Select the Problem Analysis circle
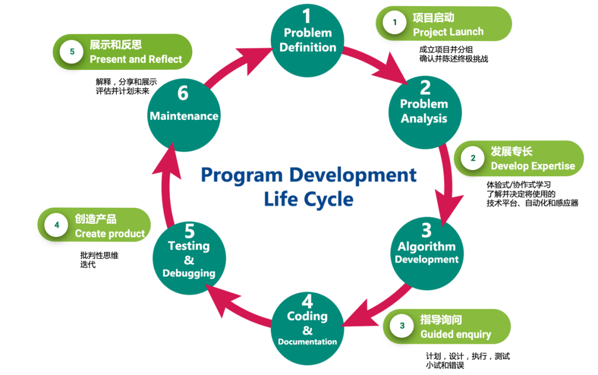pos(424,111)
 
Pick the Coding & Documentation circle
pos(307,328)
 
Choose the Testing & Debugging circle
pos(189,258)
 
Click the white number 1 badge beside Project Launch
pos(395,23)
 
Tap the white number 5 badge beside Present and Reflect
pos(72,52)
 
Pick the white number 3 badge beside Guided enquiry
pos(403,326)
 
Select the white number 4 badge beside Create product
pos(56,225)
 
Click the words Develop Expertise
pos(533,166)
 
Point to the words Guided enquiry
pos(456,334)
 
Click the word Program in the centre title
pos(242,175)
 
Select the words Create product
pos(110,234)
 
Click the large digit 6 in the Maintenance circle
pos(183,94)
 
